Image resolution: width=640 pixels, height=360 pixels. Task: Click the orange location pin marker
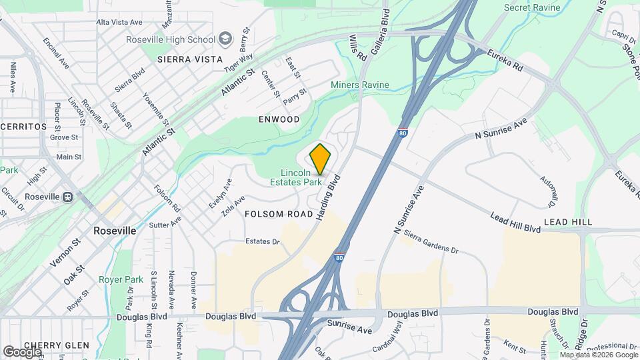(320, 159)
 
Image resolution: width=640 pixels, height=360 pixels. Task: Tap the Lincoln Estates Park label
(297, 177)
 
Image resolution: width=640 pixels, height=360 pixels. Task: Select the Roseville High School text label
(171, 39)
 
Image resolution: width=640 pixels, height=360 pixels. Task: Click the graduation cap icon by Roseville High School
(225, 39)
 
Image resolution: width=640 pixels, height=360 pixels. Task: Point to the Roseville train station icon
(67, 197)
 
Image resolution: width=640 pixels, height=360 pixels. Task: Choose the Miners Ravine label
(360, 85)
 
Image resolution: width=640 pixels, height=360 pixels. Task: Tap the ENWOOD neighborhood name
(279, 119)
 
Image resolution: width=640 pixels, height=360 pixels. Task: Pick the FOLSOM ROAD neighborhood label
(279, 214)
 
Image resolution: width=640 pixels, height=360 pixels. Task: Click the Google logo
(22, 351)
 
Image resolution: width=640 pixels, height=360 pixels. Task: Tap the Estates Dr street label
(262, 241)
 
